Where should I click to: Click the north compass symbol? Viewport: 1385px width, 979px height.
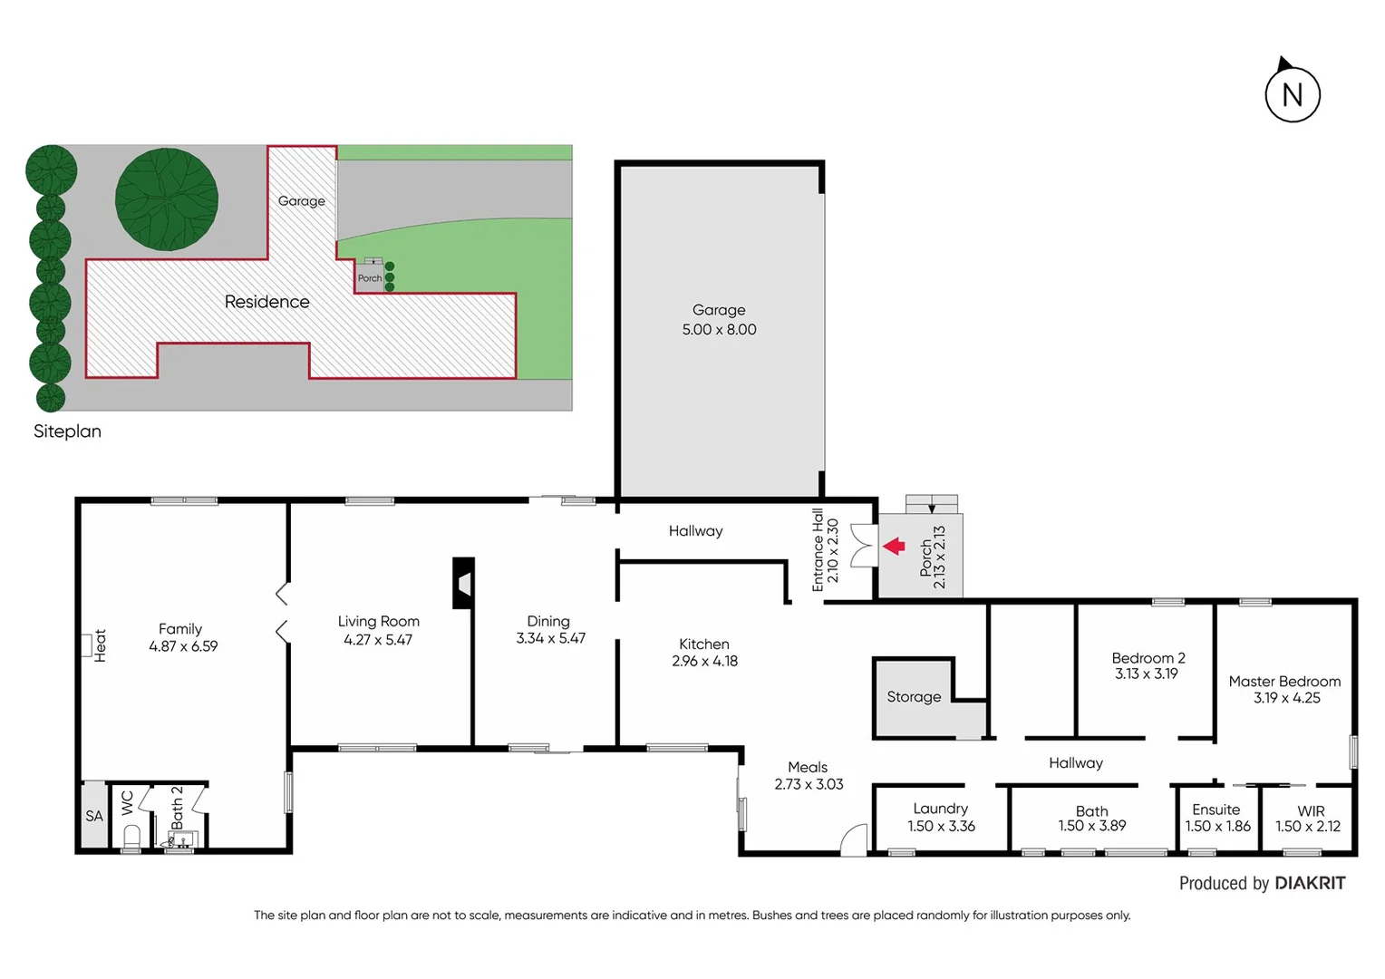point(1292,93)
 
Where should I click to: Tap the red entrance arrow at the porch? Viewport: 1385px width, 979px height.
point(894,546)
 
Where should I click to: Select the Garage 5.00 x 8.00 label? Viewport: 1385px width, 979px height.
point(719,320)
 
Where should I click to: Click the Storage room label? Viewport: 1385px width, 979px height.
point(914,697)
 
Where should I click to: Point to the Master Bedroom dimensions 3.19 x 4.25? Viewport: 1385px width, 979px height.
point(1286,698)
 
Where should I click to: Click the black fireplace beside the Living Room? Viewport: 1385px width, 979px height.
point(463,583)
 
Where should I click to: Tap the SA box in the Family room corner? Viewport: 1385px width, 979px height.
point(94,816)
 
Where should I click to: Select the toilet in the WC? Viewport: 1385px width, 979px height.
point(131,836)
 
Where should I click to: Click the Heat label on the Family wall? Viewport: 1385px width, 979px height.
point(100,645)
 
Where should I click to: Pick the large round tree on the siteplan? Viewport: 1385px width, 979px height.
point(167,199)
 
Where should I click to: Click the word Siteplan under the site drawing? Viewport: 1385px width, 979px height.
point(67,431)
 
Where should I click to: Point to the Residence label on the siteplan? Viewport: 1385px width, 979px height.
point(266,302)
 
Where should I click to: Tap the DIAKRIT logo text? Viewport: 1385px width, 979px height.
point(1310,883)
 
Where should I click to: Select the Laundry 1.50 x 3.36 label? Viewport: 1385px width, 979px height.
point(941,817)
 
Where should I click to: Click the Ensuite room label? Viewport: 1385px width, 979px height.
point(1216,809)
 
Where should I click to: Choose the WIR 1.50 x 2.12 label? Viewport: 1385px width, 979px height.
point(1308,819)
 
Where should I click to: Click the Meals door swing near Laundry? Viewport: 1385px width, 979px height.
point(853,840)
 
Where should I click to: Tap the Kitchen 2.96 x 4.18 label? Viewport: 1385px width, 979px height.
point(704,652)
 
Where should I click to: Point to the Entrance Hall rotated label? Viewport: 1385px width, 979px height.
point(825,550)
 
